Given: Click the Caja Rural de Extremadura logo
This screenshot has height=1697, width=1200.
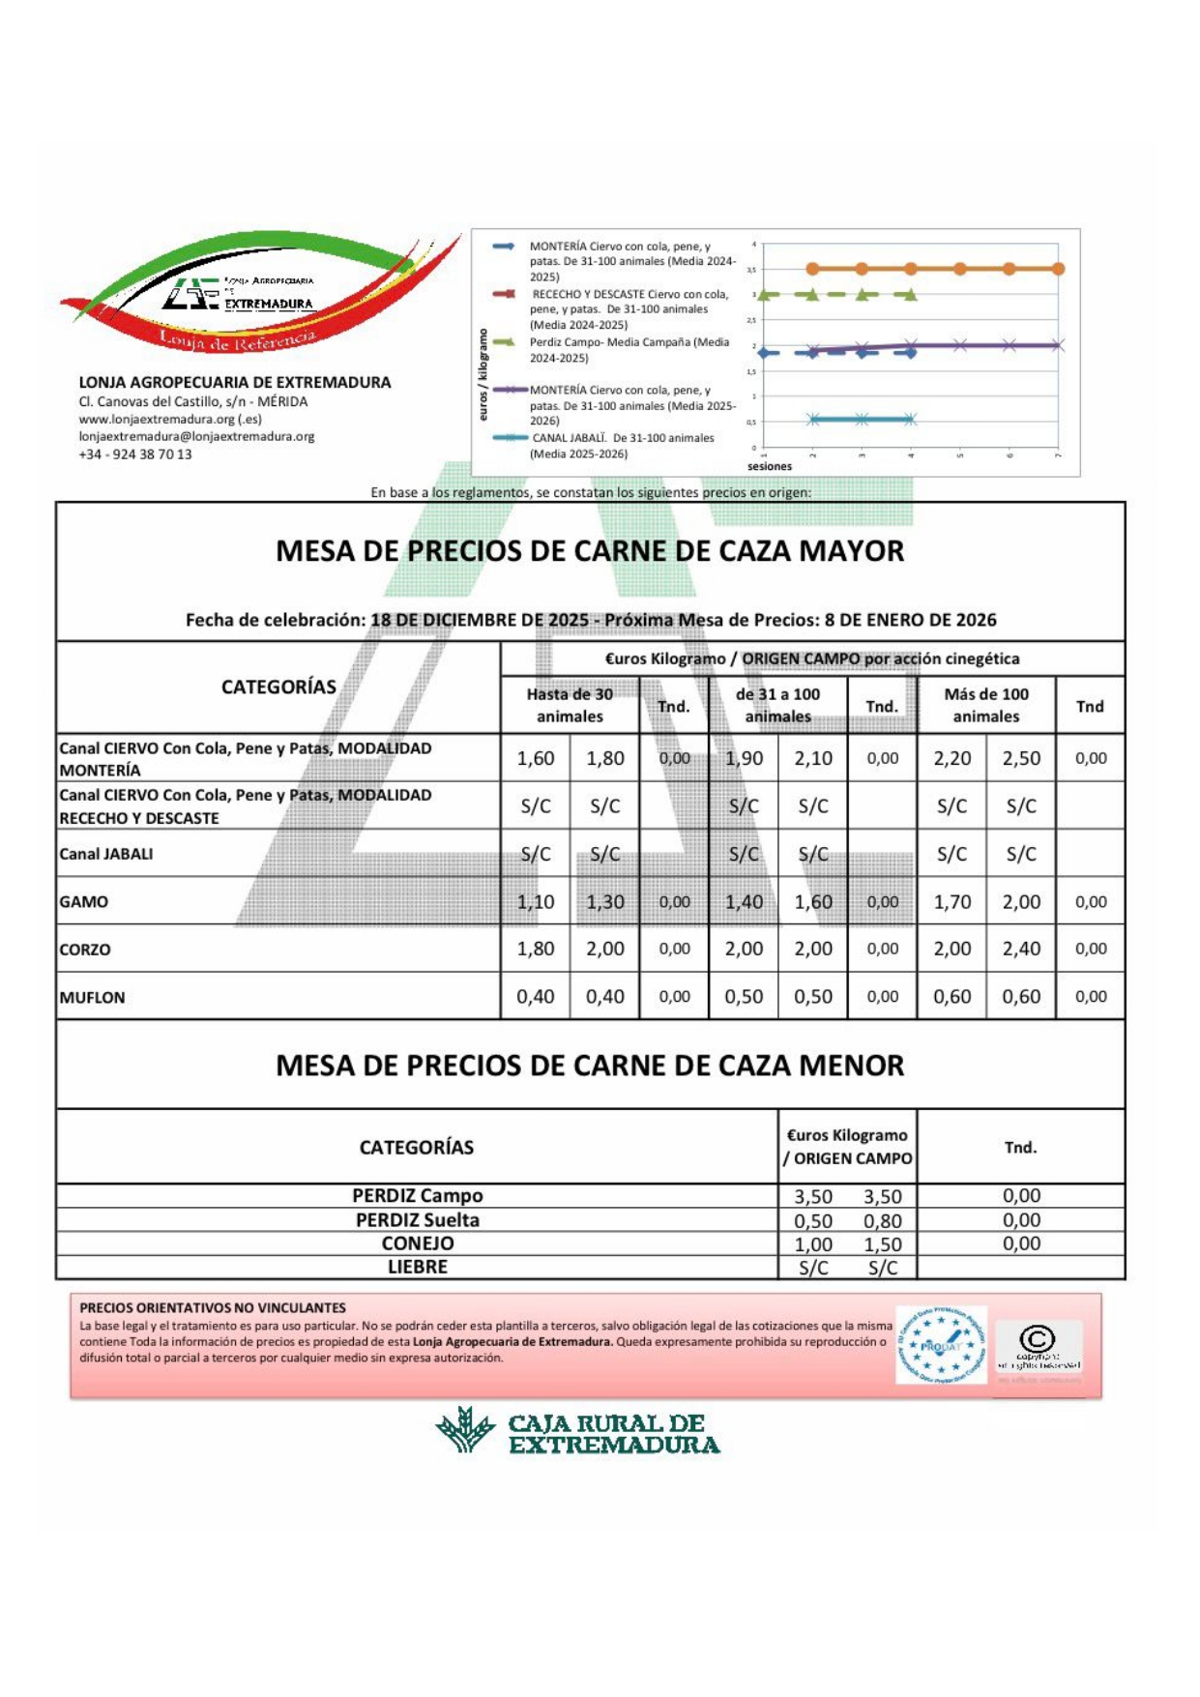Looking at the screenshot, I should coord(576,1432).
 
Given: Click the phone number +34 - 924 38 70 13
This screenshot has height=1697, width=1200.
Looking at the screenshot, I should coord(135,454).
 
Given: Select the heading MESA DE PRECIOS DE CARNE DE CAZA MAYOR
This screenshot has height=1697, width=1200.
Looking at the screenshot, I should coord(590,551).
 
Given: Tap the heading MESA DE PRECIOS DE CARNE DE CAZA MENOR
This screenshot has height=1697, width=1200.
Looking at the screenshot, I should coord(590,1066).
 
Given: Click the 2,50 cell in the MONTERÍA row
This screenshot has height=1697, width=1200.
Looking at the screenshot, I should coord(1021,758).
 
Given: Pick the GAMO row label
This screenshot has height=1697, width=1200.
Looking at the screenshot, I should coord(84,901).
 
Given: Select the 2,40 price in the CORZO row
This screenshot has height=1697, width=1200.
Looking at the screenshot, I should coord(1021,949).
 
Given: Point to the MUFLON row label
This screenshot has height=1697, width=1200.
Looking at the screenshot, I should coord(92,997).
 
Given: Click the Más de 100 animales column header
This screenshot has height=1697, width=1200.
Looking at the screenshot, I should coord(985,705).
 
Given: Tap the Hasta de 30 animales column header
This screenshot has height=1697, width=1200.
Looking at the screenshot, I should coord(570,705).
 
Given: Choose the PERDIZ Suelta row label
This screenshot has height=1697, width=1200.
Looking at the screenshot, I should coord(417,1220).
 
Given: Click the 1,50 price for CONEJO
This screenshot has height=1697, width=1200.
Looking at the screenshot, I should coord(882,1244).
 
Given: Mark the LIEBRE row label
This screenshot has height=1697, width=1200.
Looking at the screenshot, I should coord(417,1267).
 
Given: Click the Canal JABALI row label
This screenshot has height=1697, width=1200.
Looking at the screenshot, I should coord(106,854).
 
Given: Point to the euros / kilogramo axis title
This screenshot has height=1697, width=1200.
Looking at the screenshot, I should coord(483,374).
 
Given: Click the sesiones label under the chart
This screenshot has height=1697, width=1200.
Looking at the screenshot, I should coord(770,466).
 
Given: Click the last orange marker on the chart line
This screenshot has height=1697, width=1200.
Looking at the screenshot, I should coord(1058,269).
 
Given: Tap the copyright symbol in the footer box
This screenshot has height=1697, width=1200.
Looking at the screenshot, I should coord(1037,1339).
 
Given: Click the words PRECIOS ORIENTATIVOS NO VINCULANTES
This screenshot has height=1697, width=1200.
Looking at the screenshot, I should coord(212,1307).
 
